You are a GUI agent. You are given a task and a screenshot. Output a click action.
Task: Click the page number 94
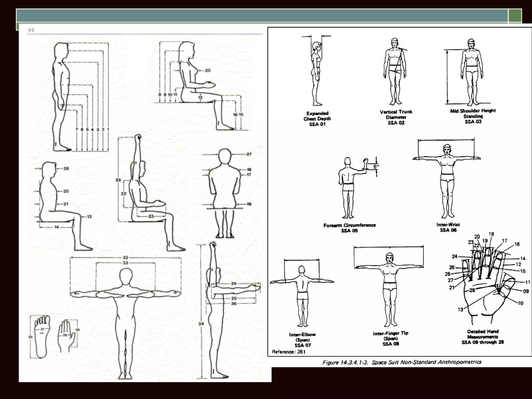[x=31, y=30]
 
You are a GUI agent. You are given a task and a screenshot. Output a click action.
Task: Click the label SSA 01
[x=317, y=124]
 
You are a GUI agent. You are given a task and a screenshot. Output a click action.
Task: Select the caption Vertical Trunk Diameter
[x=396, y=115]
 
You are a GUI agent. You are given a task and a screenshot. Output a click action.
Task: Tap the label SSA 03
[x=473, y=122]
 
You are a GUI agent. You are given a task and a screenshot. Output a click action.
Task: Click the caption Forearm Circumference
[x=349, y=225]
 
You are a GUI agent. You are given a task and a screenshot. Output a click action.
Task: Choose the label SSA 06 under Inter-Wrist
[x=448, y=230]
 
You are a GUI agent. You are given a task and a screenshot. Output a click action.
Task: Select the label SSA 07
[x=303, y=345]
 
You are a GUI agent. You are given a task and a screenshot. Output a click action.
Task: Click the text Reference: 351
[x=289, y=352]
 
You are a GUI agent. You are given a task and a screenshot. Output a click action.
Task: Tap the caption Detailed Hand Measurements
[x=483, y=334]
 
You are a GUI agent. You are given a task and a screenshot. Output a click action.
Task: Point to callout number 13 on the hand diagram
[x=460, y=309]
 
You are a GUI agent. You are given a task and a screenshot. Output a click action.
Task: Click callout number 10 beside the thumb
[x=520, y=303]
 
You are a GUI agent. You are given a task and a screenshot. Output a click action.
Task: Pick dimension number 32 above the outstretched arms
[x=125, y=258]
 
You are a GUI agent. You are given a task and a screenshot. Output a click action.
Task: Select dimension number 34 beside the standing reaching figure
[x=201, y=324]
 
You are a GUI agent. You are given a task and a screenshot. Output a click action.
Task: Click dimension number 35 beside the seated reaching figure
[x=118, y=180]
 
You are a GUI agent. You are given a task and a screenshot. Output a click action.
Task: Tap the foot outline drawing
[x=41, y=336]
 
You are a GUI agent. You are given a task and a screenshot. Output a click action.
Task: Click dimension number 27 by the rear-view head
[x=249, y=154]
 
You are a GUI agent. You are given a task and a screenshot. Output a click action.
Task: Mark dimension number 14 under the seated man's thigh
[x=56, y=227]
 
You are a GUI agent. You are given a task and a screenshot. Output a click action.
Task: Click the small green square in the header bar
[x=515, y=16]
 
